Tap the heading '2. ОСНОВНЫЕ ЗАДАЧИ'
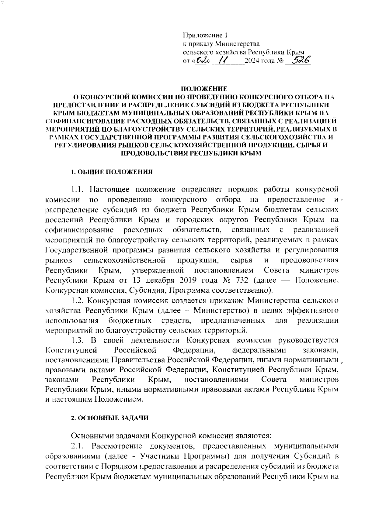click(x=110, y=418)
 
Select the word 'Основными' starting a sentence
click(x=93, y=436)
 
